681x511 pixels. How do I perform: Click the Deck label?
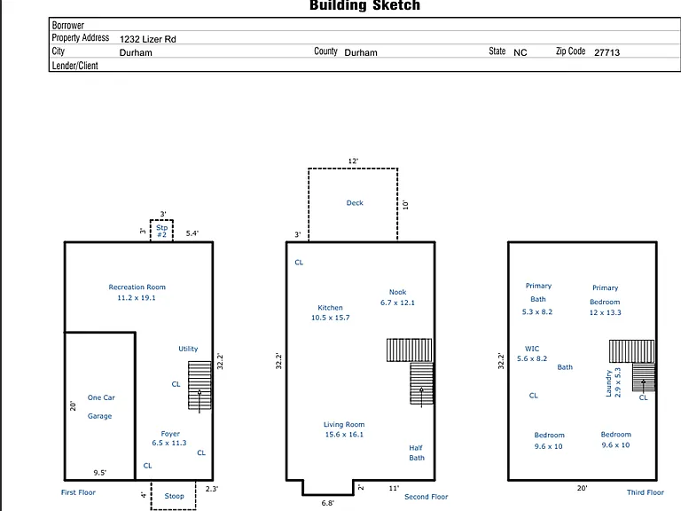tap(355, 203)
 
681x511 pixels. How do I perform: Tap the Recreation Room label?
tap(137, 287)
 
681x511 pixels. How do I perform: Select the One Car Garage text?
tap(101, 406)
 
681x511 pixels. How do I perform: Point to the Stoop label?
tap(174, 496)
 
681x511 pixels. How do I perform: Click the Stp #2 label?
tap(161, 231)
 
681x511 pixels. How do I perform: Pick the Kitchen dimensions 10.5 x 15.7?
tap(330, 318)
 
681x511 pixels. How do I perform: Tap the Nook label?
tap(397, 292)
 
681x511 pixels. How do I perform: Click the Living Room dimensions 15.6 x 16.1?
tap(344, 435)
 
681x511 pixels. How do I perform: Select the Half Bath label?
tap(417, 452)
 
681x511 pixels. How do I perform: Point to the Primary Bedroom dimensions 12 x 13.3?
tap(605, 312)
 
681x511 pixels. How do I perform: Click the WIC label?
tap(532, 349)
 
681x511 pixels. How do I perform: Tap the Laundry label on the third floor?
tap(608, 383)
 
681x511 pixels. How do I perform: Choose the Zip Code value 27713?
tap(607, 52)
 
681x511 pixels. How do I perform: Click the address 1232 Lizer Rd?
tap(148, 39)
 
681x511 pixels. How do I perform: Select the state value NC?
tap(520, 52)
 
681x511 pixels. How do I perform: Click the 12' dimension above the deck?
tap(353, 161)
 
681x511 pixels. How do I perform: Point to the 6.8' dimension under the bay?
tap(327, 503)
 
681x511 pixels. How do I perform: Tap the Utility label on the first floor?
tap(188, 349)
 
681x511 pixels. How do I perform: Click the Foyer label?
tap(170, 434)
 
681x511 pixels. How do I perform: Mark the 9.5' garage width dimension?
tap(100, 473)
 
